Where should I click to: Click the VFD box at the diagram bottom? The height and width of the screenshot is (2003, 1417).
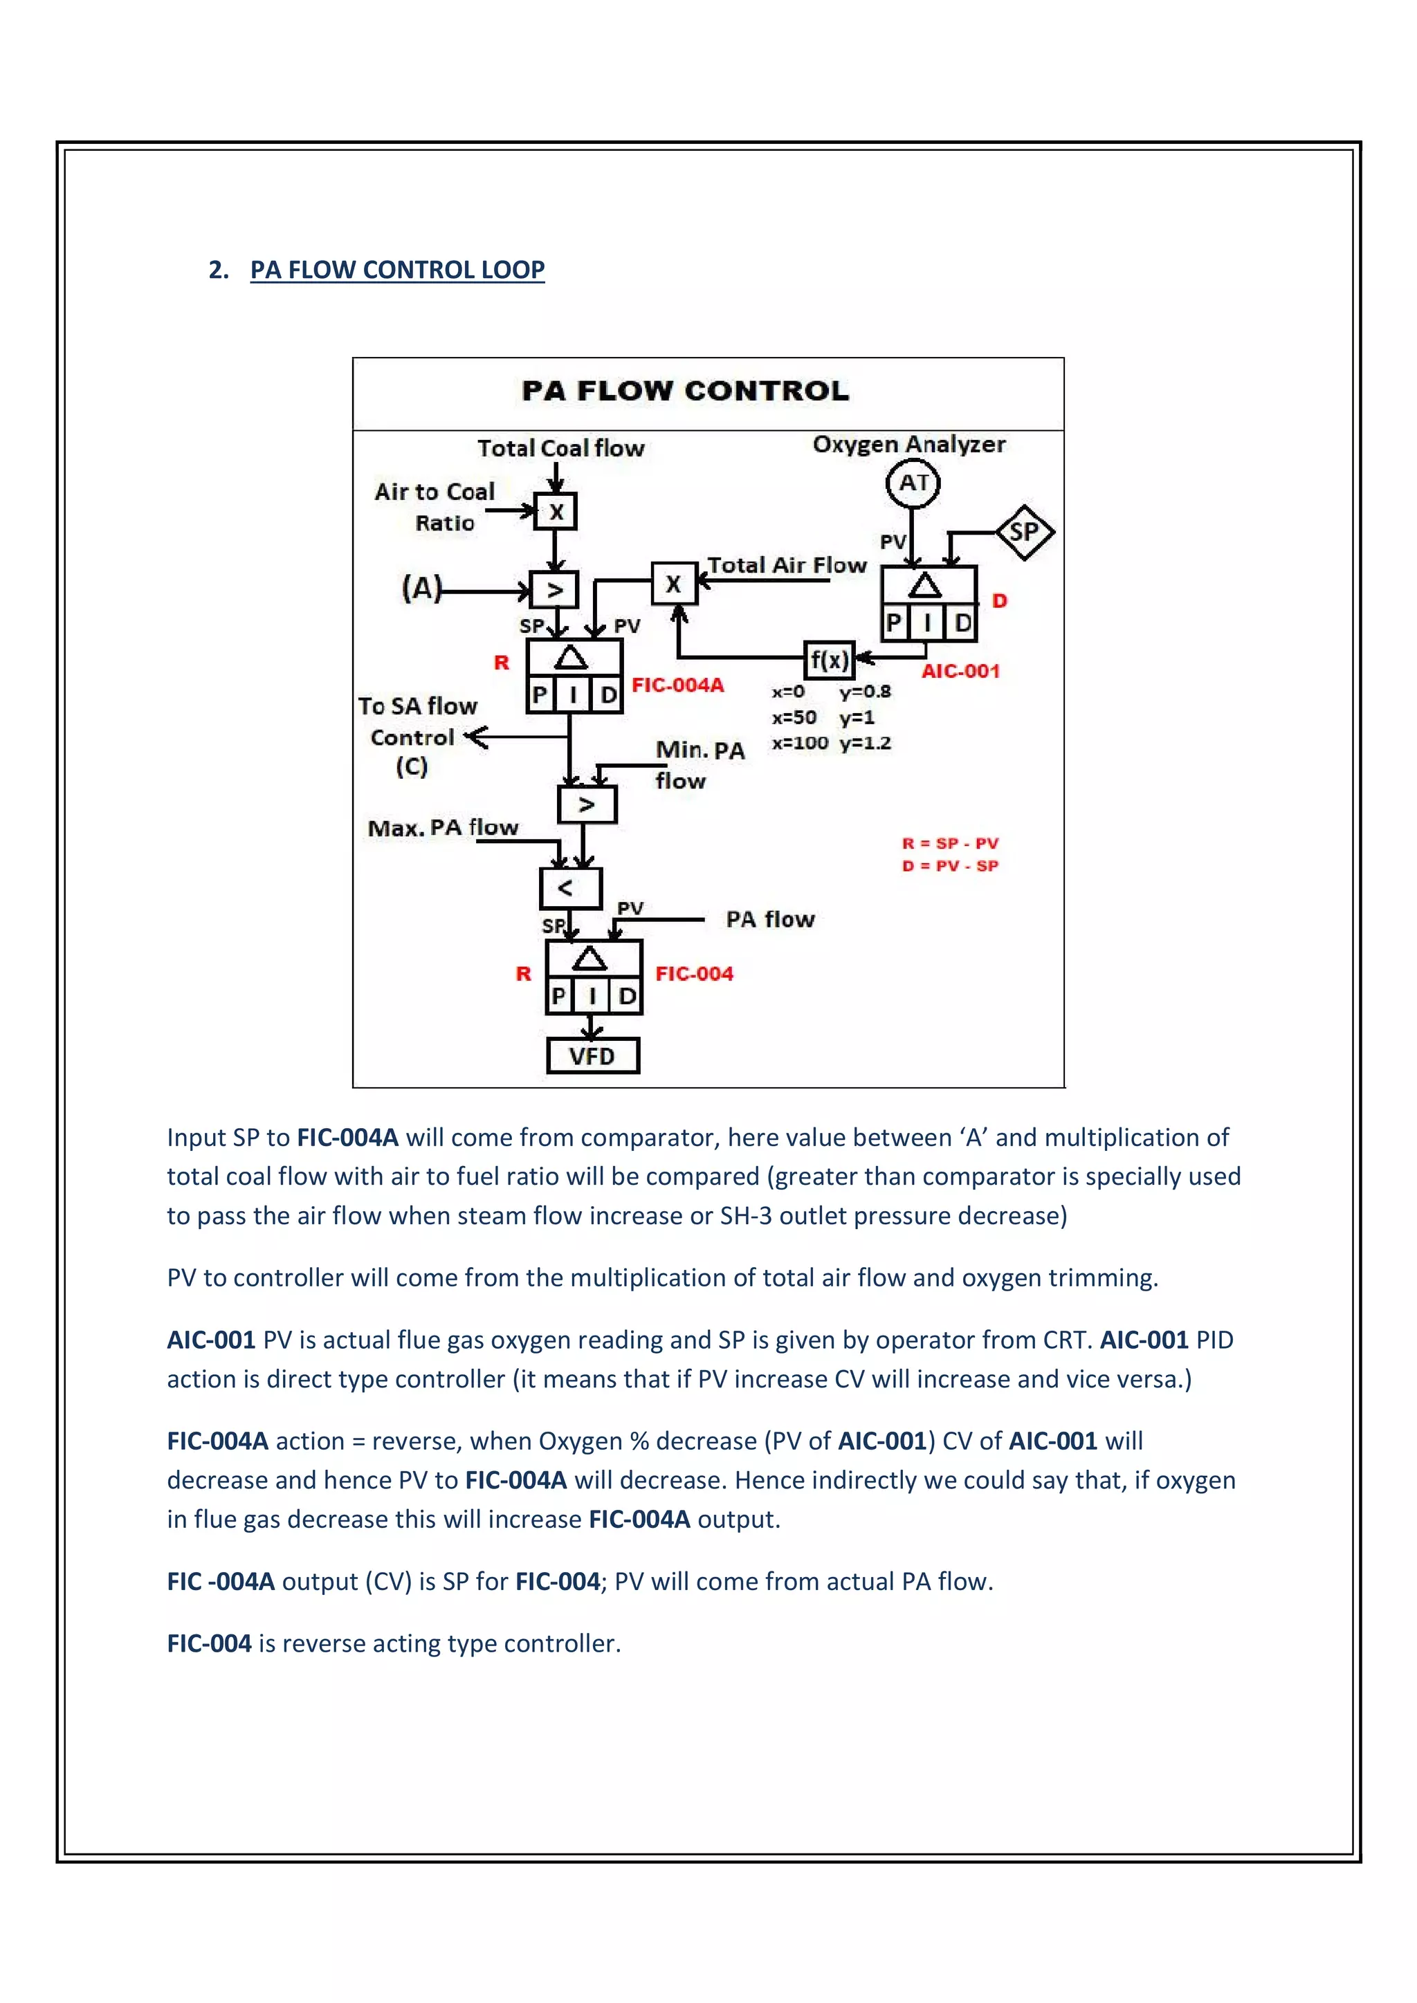point(592,1055)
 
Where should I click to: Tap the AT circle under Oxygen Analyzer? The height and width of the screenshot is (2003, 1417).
point(913,483)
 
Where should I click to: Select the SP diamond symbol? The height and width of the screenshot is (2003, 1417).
point(1025,532)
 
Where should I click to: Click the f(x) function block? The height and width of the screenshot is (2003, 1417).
point(828,660)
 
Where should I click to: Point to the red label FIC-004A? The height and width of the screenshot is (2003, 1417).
point(678,685)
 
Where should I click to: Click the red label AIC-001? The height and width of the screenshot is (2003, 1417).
point(960,671)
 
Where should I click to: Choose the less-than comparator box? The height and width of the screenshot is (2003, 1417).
point(569,888)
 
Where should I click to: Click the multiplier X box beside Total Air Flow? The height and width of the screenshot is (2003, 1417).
point(674,584)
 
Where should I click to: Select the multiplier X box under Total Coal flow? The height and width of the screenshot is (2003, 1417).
point(556,512)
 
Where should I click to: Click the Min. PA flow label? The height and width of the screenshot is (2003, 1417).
point(699,764)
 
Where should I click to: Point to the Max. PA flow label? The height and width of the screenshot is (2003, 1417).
point(444,827)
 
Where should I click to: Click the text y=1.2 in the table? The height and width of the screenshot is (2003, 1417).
point(865,744)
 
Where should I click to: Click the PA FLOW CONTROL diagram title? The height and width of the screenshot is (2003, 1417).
point(685,391)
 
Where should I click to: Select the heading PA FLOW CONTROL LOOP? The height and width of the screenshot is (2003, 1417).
point(397,270)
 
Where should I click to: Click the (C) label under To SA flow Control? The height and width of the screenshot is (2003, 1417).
point(412,767)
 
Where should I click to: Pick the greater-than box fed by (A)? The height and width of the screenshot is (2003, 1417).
point(554,591)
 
